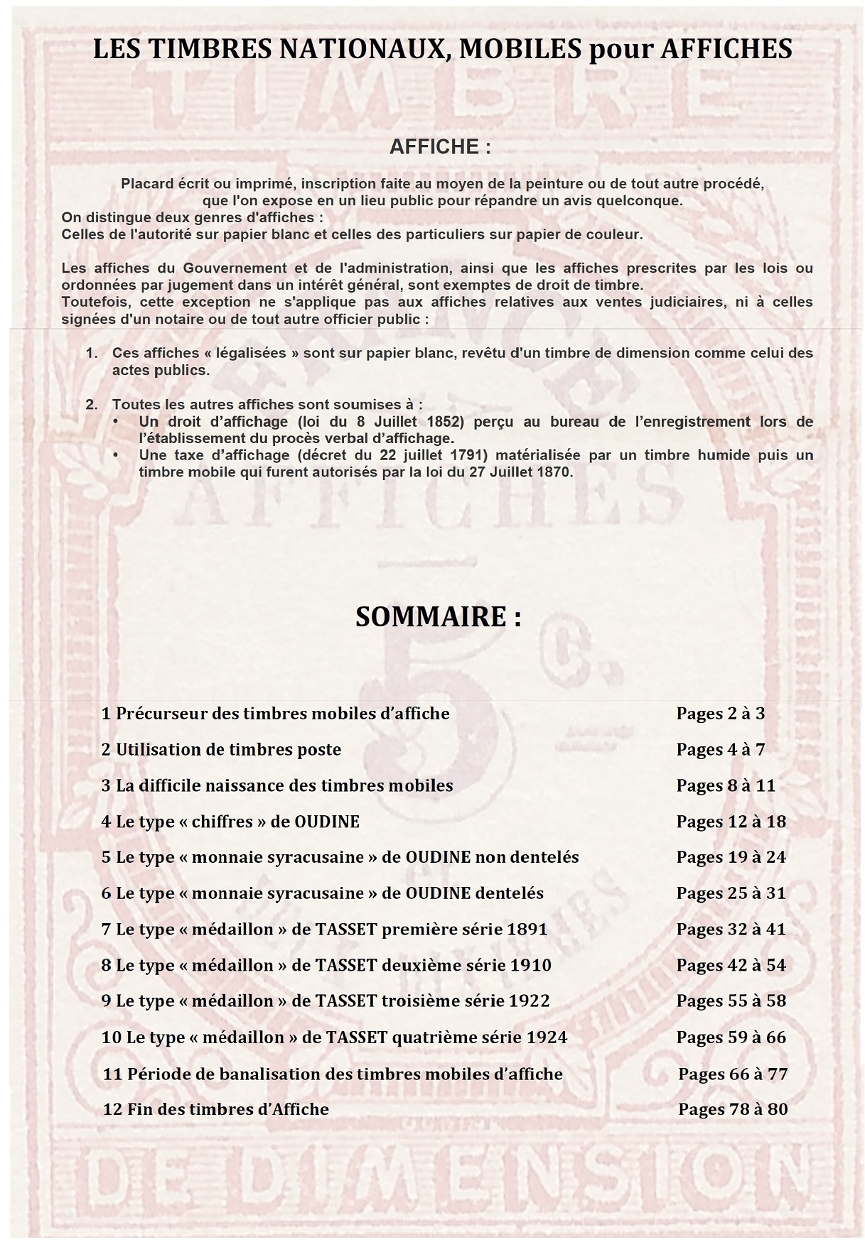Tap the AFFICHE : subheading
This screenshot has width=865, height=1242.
440,147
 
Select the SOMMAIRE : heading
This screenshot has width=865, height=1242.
439,616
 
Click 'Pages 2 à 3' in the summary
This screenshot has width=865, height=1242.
720,714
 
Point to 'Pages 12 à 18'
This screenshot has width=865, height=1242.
731,822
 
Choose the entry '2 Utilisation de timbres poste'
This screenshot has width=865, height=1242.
221,750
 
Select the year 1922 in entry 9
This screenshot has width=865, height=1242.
530,1001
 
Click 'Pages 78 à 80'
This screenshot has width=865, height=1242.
733,1109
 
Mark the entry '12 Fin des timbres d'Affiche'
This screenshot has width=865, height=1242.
216,1109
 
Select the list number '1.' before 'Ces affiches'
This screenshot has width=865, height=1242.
92,353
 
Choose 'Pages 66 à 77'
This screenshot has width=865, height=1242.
733,1074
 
